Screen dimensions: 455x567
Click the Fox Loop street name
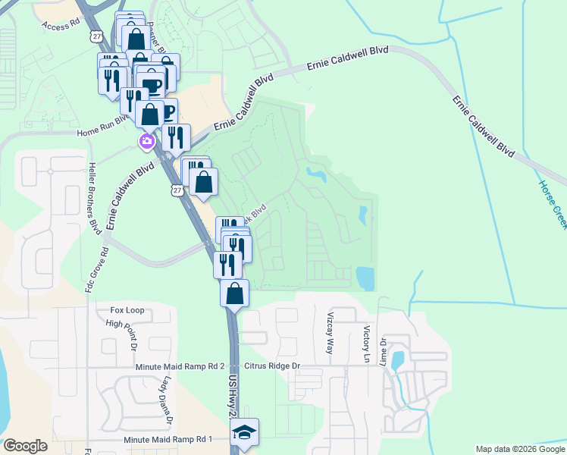click(127, 310)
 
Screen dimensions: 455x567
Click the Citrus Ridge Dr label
click(271, 366)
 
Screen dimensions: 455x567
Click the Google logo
click(25, 446)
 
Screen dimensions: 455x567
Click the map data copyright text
click(520, 449)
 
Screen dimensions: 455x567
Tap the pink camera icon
click(146, 141)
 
